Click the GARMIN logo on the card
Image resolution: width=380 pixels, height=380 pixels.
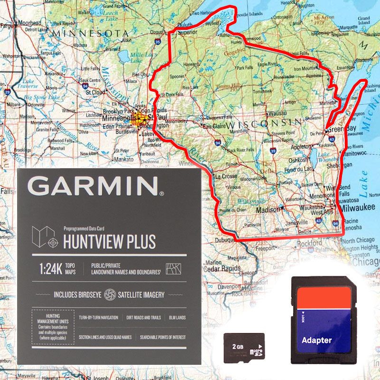95,186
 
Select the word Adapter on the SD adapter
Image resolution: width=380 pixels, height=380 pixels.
316,340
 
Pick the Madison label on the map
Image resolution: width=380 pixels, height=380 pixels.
268,209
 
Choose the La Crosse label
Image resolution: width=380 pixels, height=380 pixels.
227,176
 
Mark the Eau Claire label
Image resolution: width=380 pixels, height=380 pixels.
215,127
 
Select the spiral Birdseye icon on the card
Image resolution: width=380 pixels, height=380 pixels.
110,294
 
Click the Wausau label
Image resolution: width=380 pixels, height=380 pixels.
277,114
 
